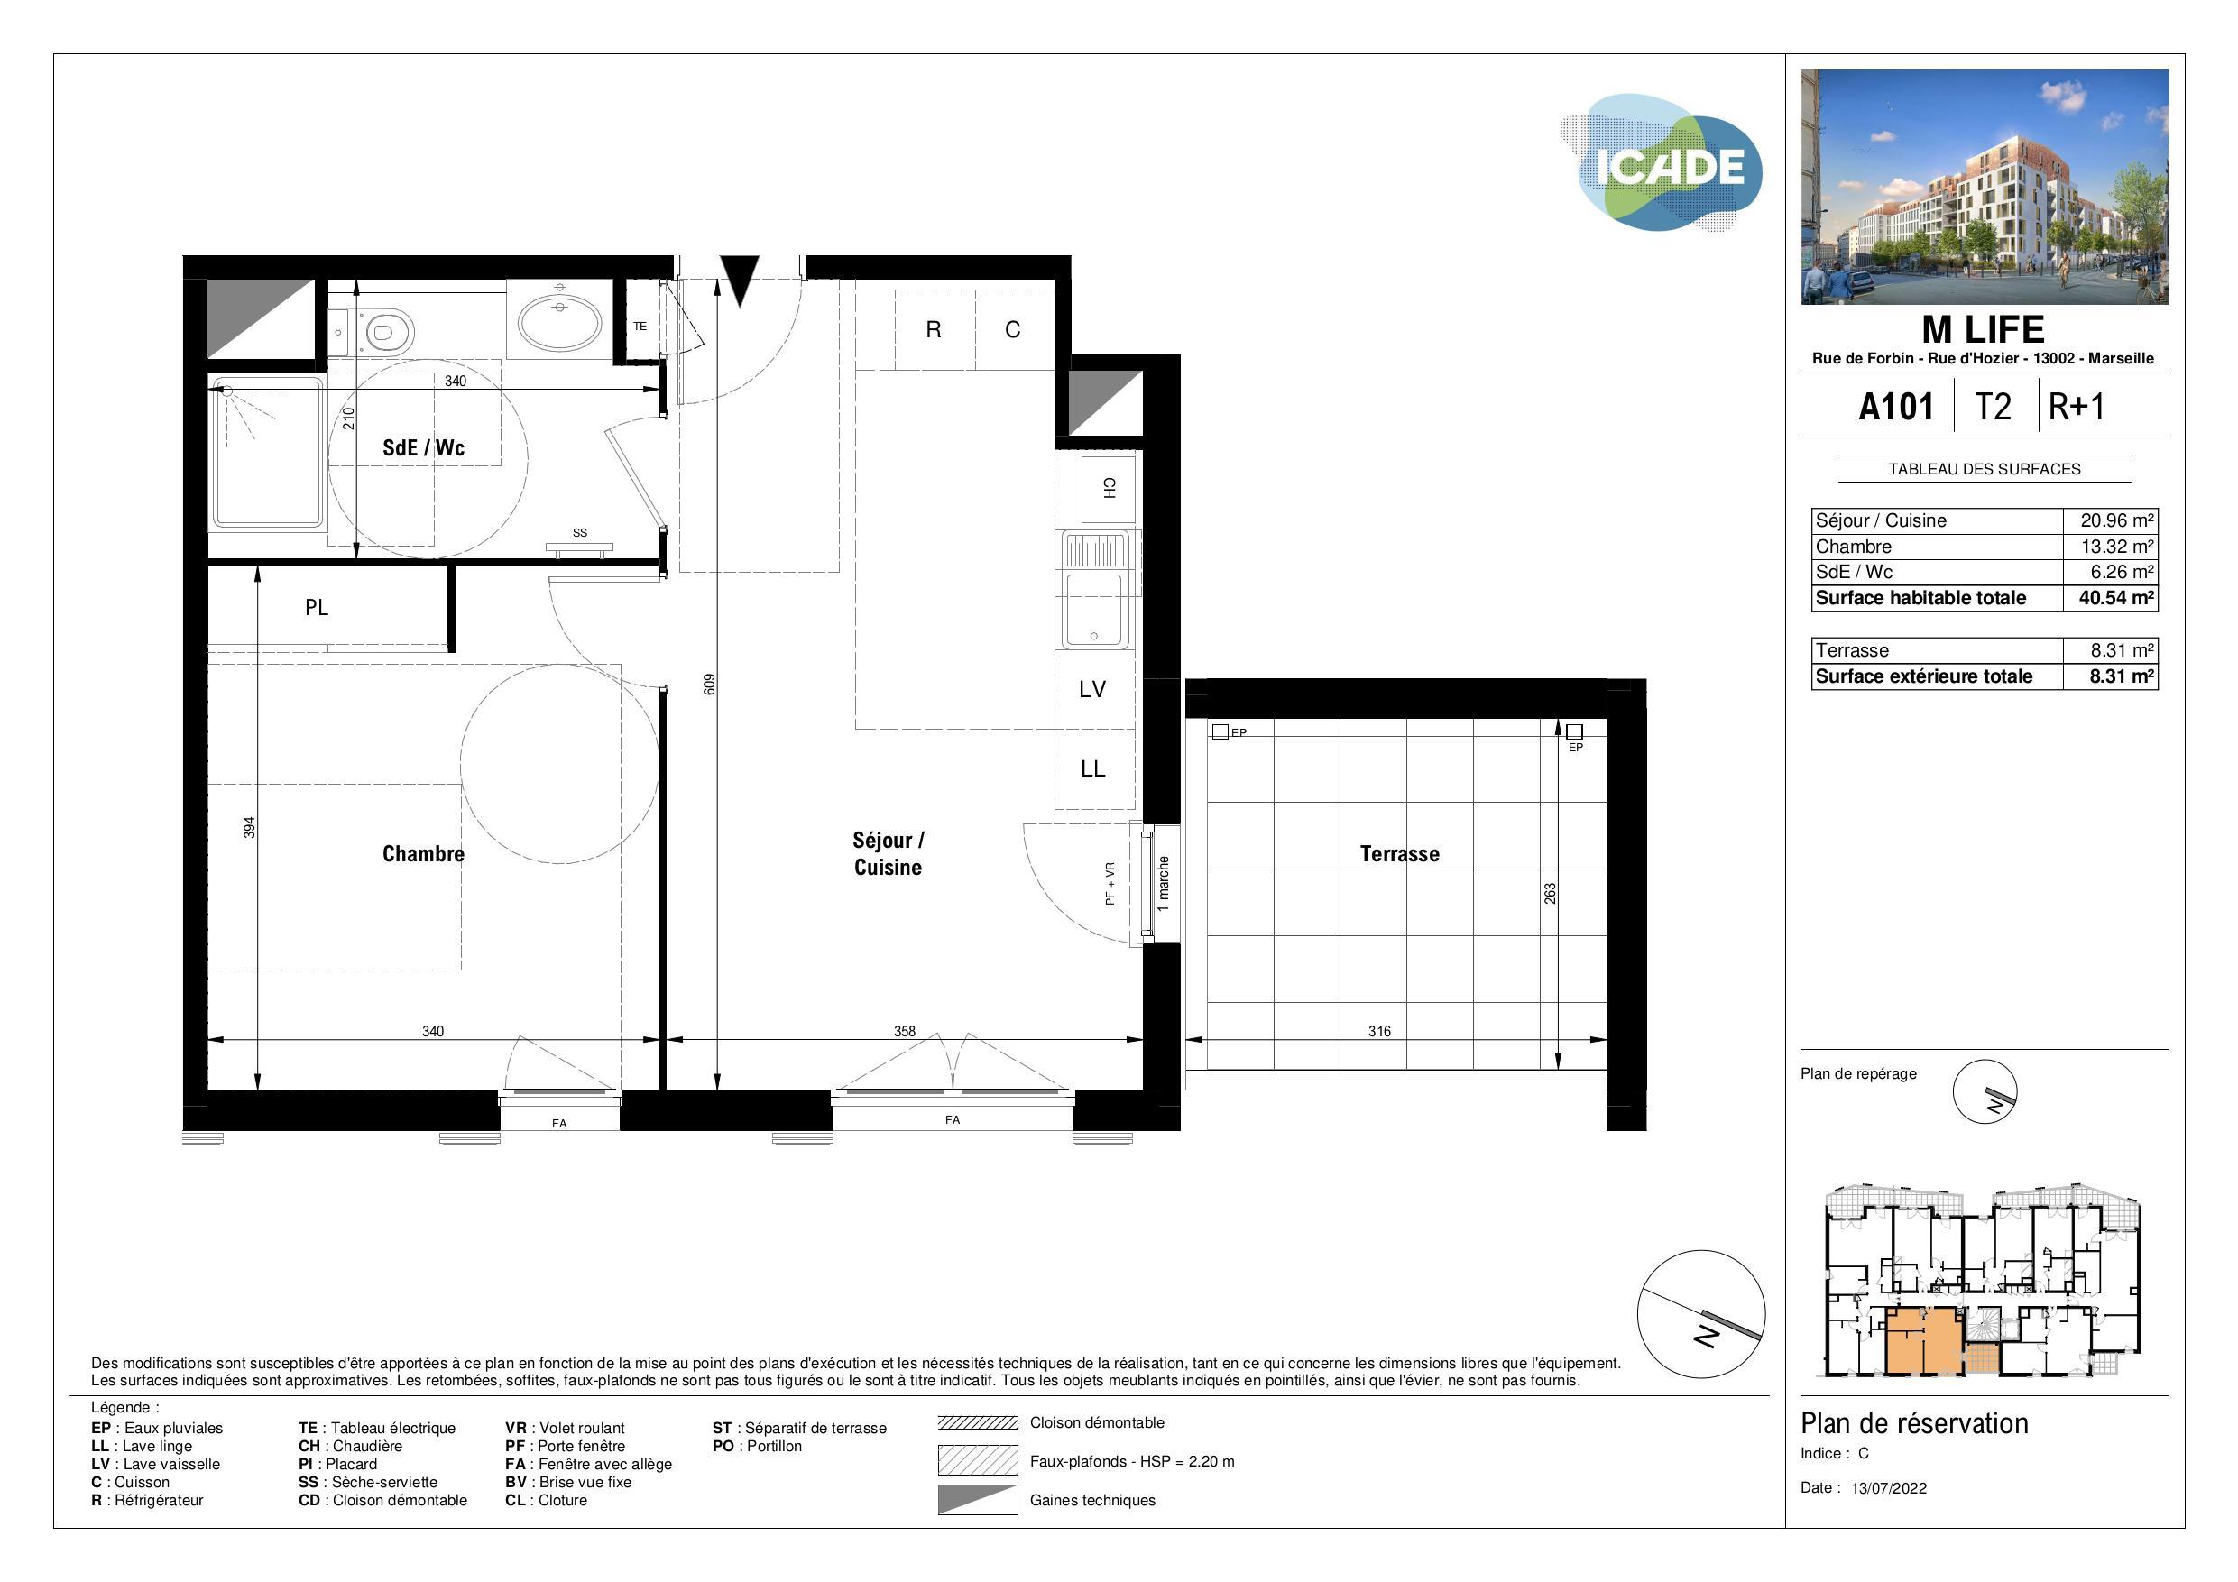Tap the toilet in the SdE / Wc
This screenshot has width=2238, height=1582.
(385, 331)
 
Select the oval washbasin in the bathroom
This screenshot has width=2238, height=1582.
(559, 324)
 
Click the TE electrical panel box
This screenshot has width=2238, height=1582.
(640, 327)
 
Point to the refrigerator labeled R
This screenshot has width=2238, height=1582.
(934, 330)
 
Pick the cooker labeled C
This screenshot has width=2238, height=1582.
(1013, 330)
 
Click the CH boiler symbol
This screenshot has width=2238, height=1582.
(1109, 488)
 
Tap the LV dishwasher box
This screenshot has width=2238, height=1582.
(1092, 690)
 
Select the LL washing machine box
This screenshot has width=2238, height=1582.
(1092, 769)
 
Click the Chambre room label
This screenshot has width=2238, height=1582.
(423, 854)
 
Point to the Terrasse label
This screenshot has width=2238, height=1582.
(1399, 854)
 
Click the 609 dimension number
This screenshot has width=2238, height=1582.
(710, 685)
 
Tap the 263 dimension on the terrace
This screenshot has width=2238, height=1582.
(1550, 893)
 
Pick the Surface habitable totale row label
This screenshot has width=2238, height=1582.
(1920, 597)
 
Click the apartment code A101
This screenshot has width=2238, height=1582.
(1896, 407)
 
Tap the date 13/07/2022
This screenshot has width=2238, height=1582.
(1888, 1487)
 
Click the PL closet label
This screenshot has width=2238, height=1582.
(317, 608)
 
